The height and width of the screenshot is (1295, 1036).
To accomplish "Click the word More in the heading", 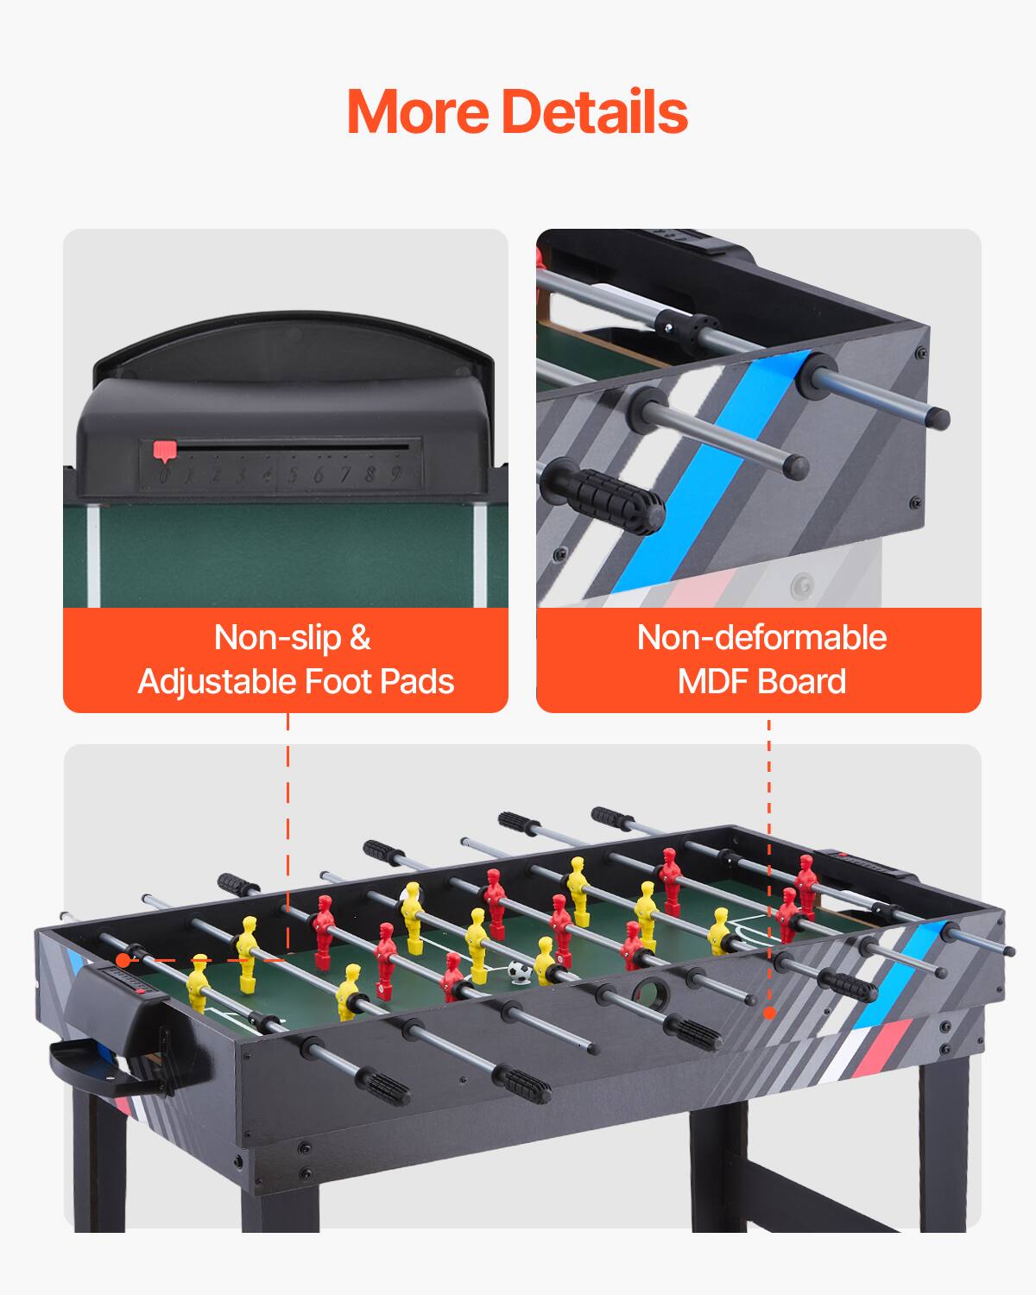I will point(418,112).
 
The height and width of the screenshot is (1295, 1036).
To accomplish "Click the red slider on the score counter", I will point(164,450).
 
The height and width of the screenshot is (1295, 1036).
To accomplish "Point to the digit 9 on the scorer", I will point(395,473).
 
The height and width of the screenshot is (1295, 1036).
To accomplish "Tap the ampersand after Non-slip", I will point(359,638).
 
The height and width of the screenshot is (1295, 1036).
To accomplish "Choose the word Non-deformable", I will point(761,638).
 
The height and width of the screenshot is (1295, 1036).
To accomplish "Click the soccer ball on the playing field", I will point(519,972).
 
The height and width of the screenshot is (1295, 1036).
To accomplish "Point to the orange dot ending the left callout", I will point(123,960).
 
